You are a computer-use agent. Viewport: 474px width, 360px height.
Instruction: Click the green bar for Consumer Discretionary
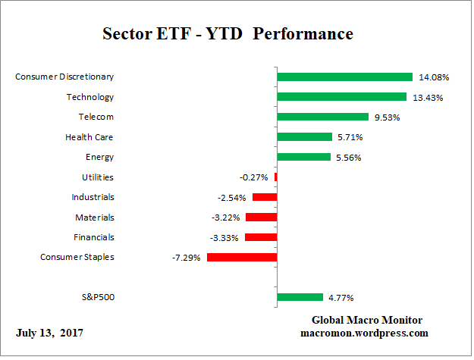click(344, 77)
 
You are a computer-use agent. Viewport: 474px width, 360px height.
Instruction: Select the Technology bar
click(341, 96)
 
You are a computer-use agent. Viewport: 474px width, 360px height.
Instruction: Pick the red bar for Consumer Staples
click(241, 257)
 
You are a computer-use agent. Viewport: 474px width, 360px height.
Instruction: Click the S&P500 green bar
click(300, 297)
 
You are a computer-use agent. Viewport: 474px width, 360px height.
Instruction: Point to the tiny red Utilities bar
click(275, 177)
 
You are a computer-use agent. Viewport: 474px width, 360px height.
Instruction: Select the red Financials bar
click(260, 237)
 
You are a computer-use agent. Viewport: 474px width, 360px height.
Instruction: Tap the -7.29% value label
click(187, 258)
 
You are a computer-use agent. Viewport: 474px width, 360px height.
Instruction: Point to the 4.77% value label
click(340, 298)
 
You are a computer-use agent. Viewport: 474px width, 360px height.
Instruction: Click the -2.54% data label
click(232, 197)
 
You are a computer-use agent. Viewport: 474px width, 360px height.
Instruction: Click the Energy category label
click(99, 157)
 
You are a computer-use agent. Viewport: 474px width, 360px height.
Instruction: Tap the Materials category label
click(94, 217)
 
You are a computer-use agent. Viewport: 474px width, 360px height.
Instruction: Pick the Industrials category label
click(92, 197)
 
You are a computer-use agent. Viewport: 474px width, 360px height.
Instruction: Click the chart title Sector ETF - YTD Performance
click(228, 34)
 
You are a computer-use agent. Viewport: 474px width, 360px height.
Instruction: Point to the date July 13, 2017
click(49, 333)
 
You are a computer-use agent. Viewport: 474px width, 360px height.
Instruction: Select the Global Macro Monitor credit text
click(367, 320)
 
